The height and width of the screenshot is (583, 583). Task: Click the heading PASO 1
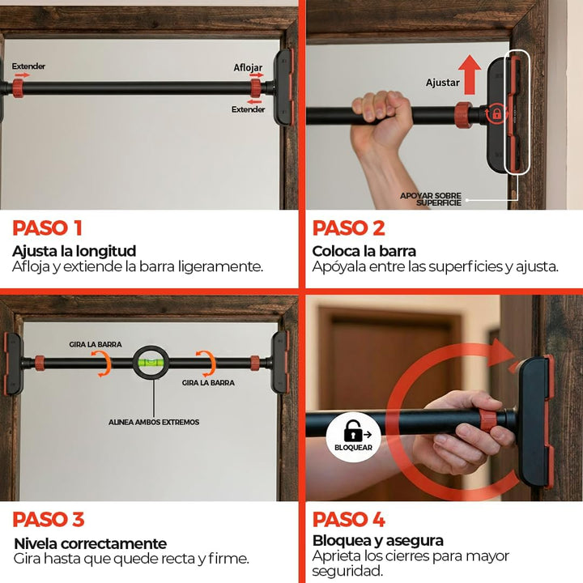47,228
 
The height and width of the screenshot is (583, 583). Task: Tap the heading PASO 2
348,228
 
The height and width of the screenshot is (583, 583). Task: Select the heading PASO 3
49,519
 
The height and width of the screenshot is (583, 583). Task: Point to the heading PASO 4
349,519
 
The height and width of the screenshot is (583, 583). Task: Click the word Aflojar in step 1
248,68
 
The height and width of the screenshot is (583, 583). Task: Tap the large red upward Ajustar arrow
470,74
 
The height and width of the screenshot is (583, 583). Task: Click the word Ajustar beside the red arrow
442,83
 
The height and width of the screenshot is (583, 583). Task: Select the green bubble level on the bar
151,361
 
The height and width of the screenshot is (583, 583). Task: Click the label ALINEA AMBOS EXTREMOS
154,422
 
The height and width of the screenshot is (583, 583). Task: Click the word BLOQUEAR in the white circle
353,448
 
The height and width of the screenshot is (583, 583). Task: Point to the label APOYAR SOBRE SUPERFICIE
432,199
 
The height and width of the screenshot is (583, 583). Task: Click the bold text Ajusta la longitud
74,251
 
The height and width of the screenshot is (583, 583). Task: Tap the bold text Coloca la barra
364,251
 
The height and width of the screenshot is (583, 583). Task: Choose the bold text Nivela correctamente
91,543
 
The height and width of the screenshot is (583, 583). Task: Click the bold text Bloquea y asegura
378,541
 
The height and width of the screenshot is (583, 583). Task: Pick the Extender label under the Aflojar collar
248,109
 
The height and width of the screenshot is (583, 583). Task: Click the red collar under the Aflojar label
256,88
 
